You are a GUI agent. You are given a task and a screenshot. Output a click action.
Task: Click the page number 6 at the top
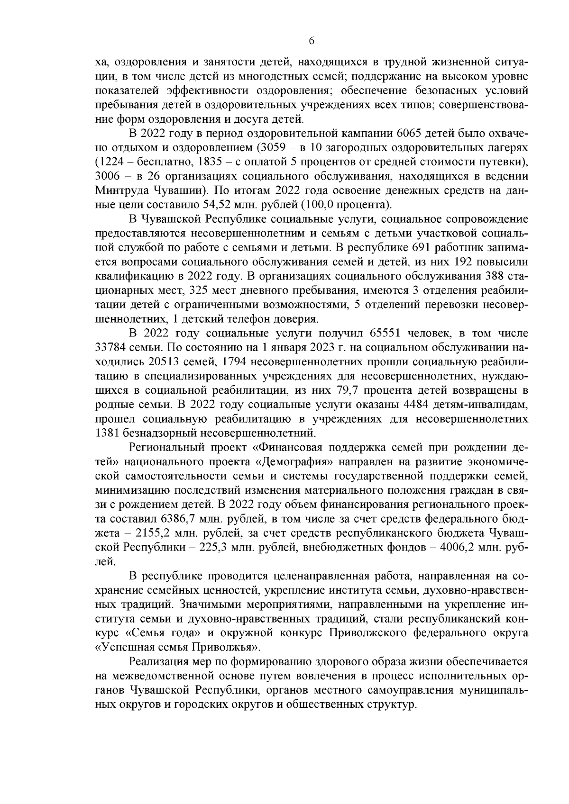[x=311, y=41]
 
